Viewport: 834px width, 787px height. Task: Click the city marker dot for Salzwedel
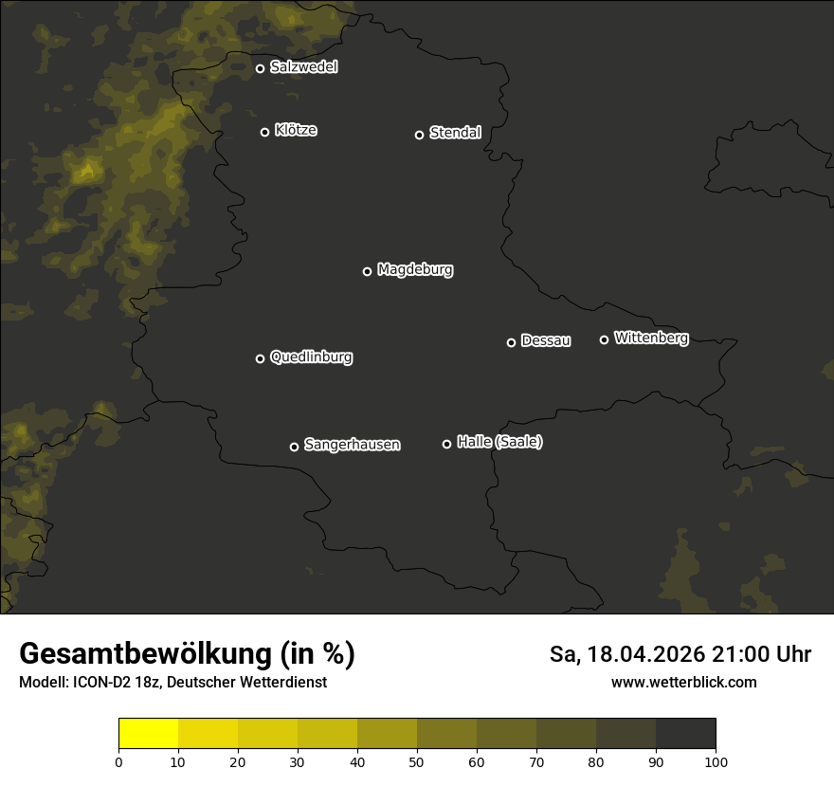260,68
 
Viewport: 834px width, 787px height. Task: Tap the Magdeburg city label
414,270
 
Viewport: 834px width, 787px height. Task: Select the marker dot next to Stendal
419,135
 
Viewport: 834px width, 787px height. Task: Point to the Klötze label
296,131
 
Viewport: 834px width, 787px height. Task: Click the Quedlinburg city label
311,357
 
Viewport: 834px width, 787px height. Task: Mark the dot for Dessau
511,342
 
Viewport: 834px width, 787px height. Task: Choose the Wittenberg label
651,338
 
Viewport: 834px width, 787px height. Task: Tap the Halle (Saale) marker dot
446,444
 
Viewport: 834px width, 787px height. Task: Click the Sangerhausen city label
352,445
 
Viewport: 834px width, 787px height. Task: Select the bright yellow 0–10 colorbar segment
148,734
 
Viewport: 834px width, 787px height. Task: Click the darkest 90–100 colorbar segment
685,734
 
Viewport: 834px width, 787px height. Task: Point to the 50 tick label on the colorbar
417,762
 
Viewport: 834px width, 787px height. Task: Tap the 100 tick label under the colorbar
716,762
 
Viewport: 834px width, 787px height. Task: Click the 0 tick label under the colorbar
118,762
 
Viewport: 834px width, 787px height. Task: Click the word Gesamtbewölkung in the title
142,654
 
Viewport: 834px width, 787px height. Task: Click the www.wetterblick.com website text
683,683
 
